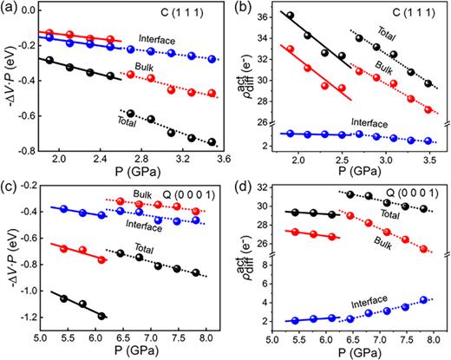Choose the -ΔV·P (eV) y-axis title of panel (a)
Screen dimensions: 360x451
point(8,82)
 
